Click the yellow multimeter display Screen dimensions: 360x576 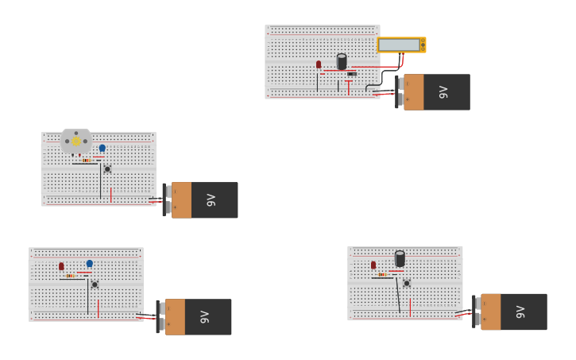[399, 45]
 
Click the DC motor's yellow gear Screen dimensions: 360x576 [76, 141]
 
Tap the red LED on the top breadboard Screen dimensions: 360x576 [319, 64]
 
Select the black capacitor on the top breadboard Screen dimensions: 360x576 [342, 61]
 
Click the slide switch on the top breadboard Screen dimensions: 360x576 [351, 74]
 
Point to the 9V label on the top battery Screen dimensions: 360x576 [443, 92]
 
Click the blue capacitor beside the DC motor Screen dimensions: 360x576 [102, 148]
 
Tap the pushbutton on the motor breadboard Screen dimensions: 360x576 [107, 168]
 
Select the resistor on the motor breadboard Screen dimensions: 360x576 [87, 160]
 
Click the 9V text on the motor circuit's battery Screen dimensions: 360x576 [211, 200]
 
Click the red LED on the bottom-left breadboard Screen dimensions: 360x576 [61, 266]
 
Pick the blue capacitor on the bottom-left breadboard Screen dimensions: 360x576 [89, 263]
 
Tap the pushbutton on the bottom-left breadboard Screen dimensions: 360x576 [95, 284]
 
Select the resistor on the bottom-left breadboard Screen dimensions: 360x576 [72, 276]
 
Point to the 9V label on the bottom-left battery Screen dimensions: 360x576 [204, 317]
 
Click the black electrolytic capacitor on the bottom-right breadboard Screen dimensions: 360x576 [400, 258]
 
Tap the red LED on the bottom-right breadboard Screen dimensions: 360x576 [373, 265]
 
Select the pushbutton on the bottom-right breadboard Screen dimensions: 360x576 [407, 283]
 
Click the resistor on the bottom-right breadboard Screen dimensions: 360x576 [383, 274]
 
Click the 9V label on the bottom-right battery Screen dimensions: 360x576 [520, 312]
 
